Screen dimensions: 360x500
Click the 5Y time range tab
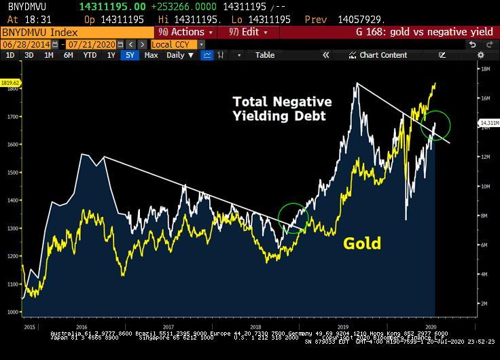click(130, 55)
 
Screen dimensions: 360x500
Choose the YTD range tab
click(89, 55)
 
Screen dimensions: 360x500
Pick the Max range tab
click(151, 55)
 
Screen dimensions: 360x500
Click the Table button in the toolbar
click(265, 55)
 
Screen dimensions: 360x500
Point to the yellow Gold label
click(362, 242)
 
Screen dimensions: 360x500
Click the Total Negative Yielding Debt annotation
click(282, 109)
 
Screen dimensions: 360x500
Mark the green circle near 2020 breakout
click(435, 125)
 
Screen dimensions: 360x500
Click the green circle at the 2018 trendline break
click(293, 218)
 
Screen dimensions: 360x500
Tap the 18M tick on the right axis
click(486, 69)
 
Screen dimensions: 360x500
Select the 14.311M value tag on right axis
click(490, 123)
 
